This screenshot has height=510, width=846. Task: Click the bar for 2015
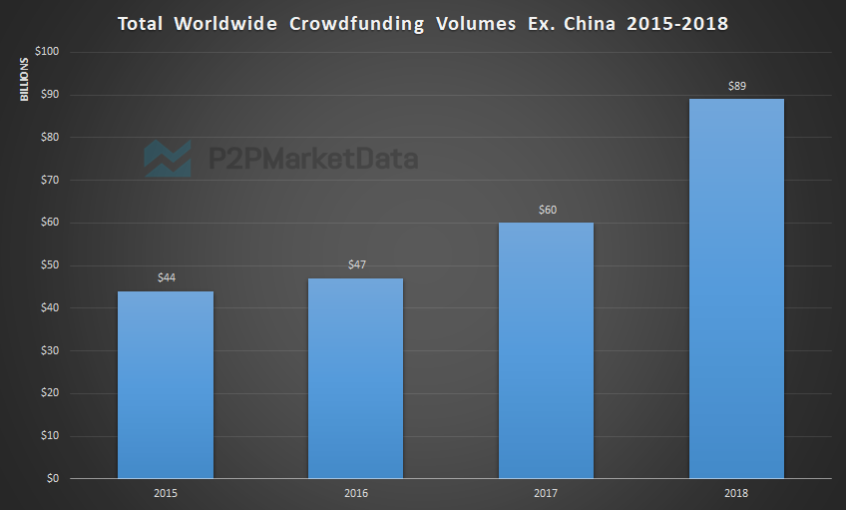pyautogui.click(x=166, y=384)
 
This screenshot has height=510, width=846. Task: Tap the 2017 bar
pyautogui.click(x=546, y=349)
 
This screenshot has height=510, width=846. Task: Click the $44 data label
pyautogui.click(x=167, y=276)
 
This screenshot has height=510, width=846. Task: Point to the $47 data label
pyautogui.click(x=356, y=263)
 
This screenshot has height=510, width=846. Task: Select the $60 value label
pyautogui.click(x=547, y=209)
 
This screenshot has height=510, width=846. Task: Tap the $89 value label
pyautogui.click(x=736, y=85)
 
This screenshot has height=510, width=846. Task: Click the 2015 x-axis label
pyautogui.click(x=166, y=493)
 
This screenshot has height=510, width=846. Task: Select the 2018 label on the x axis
pyautogui.click(x=736, y=493)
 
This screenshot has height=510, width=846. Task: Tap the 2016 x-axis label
pyautogui.click(x=355, y=493)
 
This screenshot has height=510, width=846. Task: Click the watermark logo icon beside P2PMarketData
pyautogui.click(x=167, y=158)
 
